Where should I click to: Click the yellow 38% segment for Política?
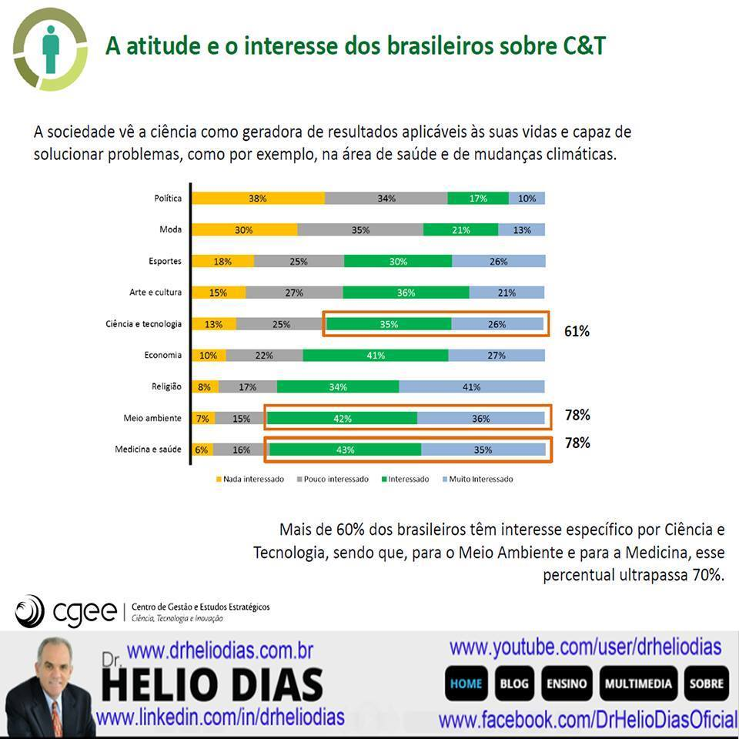tap(258, 198)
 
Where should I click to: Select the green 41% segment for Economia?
tap(376, 355)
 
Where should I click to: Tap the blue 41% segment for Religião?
tap(472, 386)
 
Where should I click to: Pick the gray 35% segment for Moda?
tap(360, 229)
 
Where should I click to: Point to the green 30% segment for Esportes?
tap(398, 261)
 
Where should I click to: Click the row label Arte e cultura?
tap(155, 293)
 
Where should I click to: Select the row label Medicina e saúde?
tap(148, 450)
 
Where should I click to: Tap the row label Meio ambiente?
tap(152, 418)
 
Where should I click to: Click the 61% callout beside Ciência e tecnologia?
tap(577, 332)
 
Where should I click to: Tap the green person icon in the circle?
tap(51, 48)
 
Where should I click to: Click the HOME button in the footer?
tap(466, 684)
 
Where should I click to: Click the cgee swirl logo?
tap(31, 610)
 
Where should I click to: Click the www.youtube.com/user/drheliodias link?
tap(585, 647)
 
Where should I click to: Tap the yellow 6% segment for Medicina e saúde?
tap(202, 450)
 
